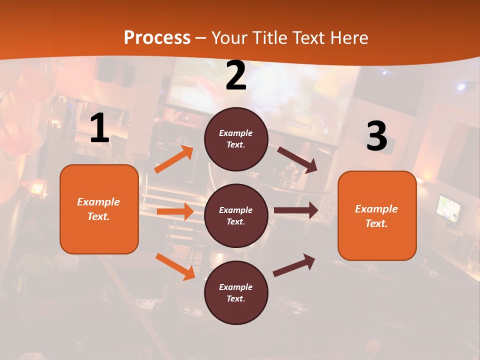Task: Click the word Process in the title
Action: pos(157,38)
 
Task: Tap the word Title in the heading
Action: pos(267,38)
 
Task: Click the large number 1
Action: pos(99,129)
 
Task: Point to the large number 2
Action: pos(236,76)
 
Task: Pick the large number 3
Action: pos(376,136)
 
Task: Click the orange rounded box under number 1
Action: pos(99,209)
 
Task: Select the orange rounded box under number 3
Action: pos(377,215)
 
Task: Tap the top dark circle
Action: pos(236,139)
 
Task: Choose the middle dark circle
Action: pos(236,215)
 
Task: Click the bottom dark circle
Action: pos(236,292)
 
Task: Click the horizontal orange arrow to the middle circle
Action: pos(175,211)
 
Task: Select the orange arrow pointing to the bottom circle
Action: pos(175,266)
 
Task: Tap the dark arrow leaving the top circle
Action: pos(297,159)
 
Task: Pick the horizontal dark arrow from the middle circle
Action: pos(296,210)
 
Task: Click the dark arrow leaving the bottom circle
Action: pos(294,265)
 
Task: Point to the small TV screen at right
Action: pos(448,208)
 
